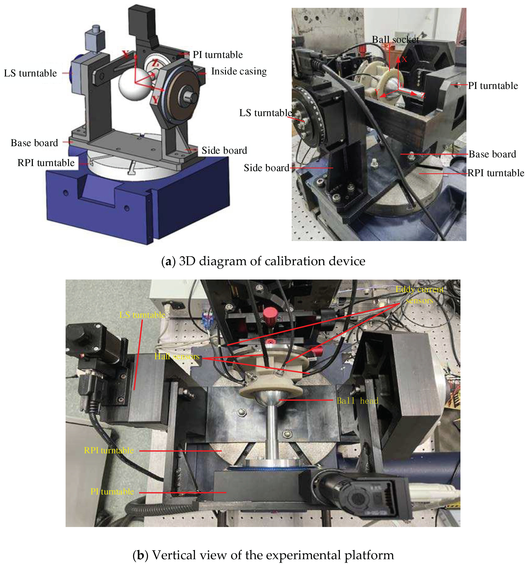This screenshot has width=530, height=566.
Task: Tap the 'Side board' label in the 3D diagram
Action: (x=224, y=150)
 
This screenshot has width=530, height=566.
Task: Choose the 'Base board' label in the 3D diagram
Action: (x=34, y=143)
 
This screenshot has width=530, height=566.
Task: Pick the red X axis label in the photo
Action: (x=404, y=59)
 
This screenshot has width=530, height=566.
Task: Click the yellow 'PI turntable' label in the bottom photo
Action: (x=112, y=491)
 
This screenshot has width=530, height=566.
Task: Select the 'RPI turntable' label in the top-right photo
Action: (x=496, y=173)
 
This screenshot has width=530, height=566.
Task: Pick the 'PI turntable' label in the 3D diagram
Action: (x=218, y=55)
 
